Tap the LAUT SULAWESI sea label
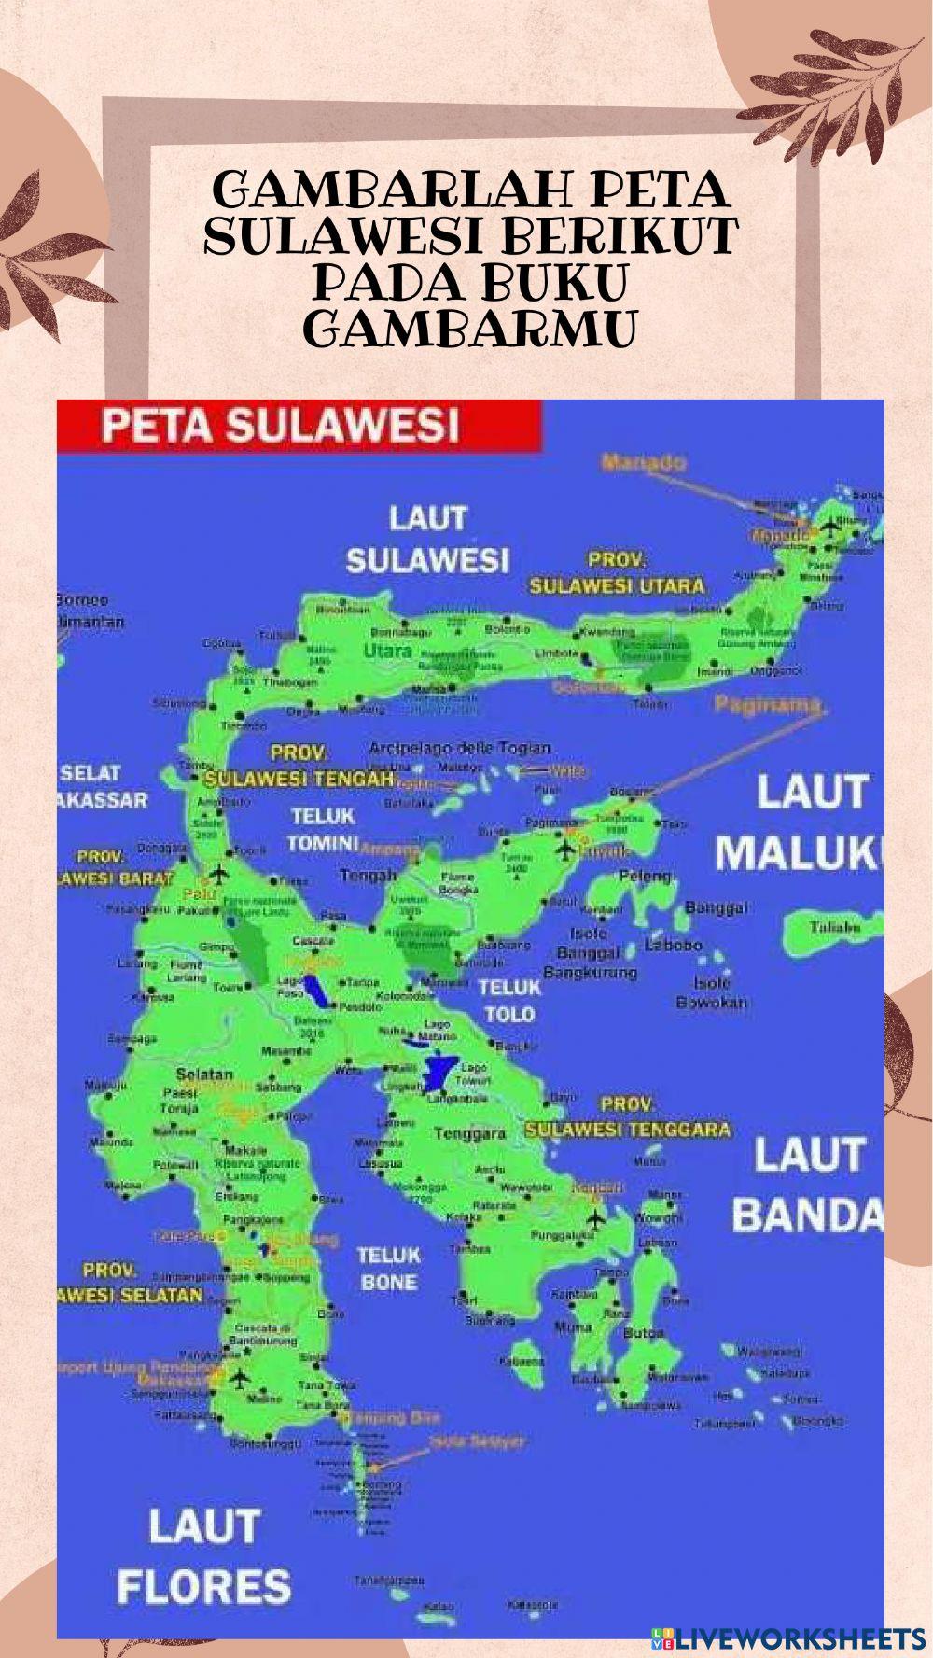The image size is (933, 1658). [x=428, y=539]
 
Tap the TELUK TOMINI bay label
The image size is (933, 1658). [x=323, y=829]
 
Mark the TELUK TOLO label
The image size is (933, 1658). [x=509, y=1000]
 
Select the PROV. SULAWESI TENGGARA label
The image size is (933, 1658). [x=627, y=1117]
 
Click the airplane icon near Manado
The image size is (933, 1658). [x=829, y=528]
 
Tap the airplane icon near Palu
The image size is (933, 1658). [x=219, y=875]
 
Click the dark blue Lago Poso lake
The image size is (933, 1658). [x=318, y=991]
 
